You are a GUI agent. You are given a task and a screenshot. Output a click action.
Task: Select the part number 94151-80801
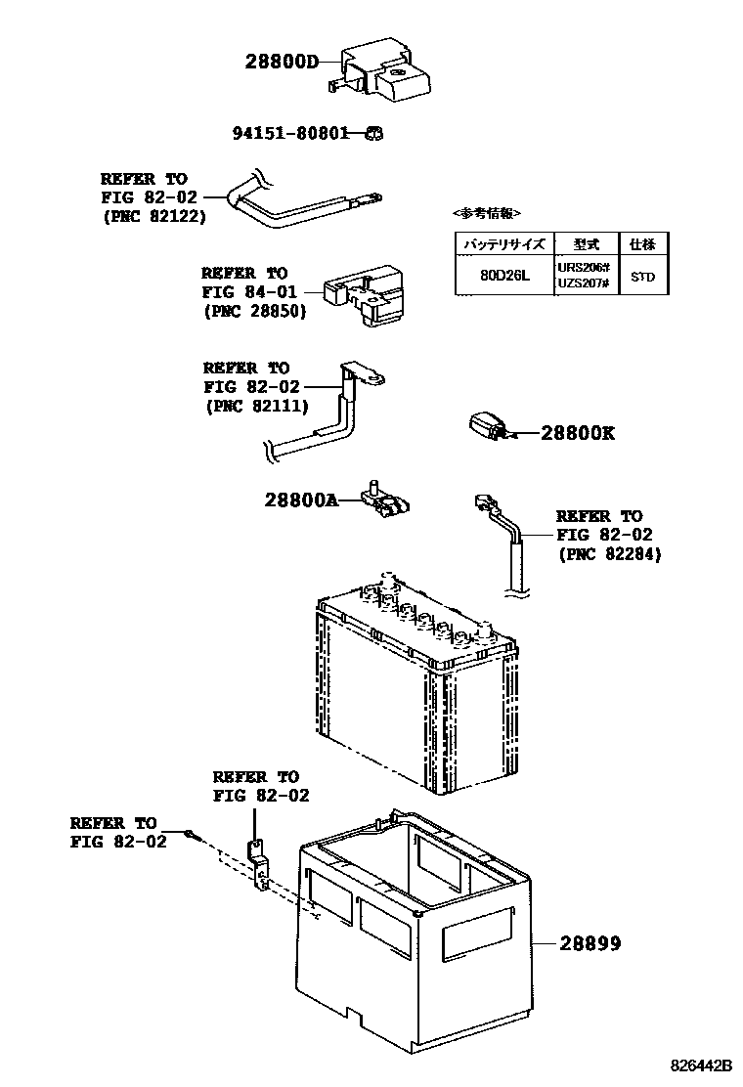click(x=291, y=133)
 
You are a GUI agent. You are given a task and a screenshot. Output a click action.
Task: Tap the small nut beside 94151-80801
click(x=372, y=134)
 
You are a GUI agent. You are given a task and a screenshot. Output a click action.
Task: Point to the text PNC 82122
click(x=154, y=216)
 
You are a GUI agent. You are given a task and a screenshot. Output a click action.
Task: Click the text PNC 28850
click(x=256, y=311)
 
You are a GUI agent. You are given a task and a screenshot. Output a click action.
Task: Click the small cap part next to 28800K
click(x=486, y=427)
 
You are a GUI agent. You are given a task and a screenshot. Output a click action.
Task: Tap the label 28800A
click(x=300, y=500)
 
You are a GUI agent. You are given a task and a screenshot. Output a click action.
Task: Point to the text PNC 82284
click(x=610, y=553)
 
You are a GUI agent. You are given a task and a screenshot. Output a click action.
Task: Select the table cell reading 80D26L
click(x=503, y=276)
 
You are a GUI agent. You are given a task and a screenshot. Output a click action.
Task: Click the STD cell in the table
click(x=642, y=277)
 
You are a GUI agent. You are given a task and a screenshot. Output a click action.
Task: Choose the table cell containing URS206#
click(x=584, y=268)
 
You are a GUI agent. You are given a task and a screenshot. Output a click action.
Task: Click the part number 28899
click(x=590, y=943)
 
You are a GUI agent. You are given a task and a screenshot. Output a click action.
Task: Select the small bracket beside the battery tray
click(x=257, y=865)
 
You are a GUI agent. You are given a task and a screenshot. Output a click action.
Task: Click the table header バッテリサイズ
click(x=503, y=243)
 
